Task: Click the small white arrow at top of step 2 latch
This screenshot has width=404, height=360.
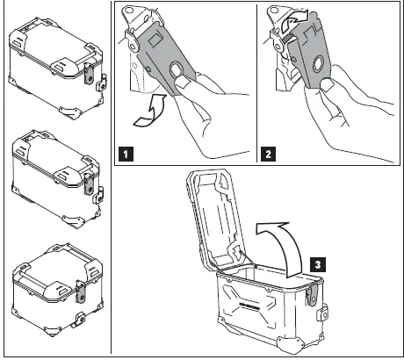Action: [x=295, y=17]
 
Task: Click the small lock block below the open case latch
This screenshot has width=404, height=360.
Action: [x=324, y=311]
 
